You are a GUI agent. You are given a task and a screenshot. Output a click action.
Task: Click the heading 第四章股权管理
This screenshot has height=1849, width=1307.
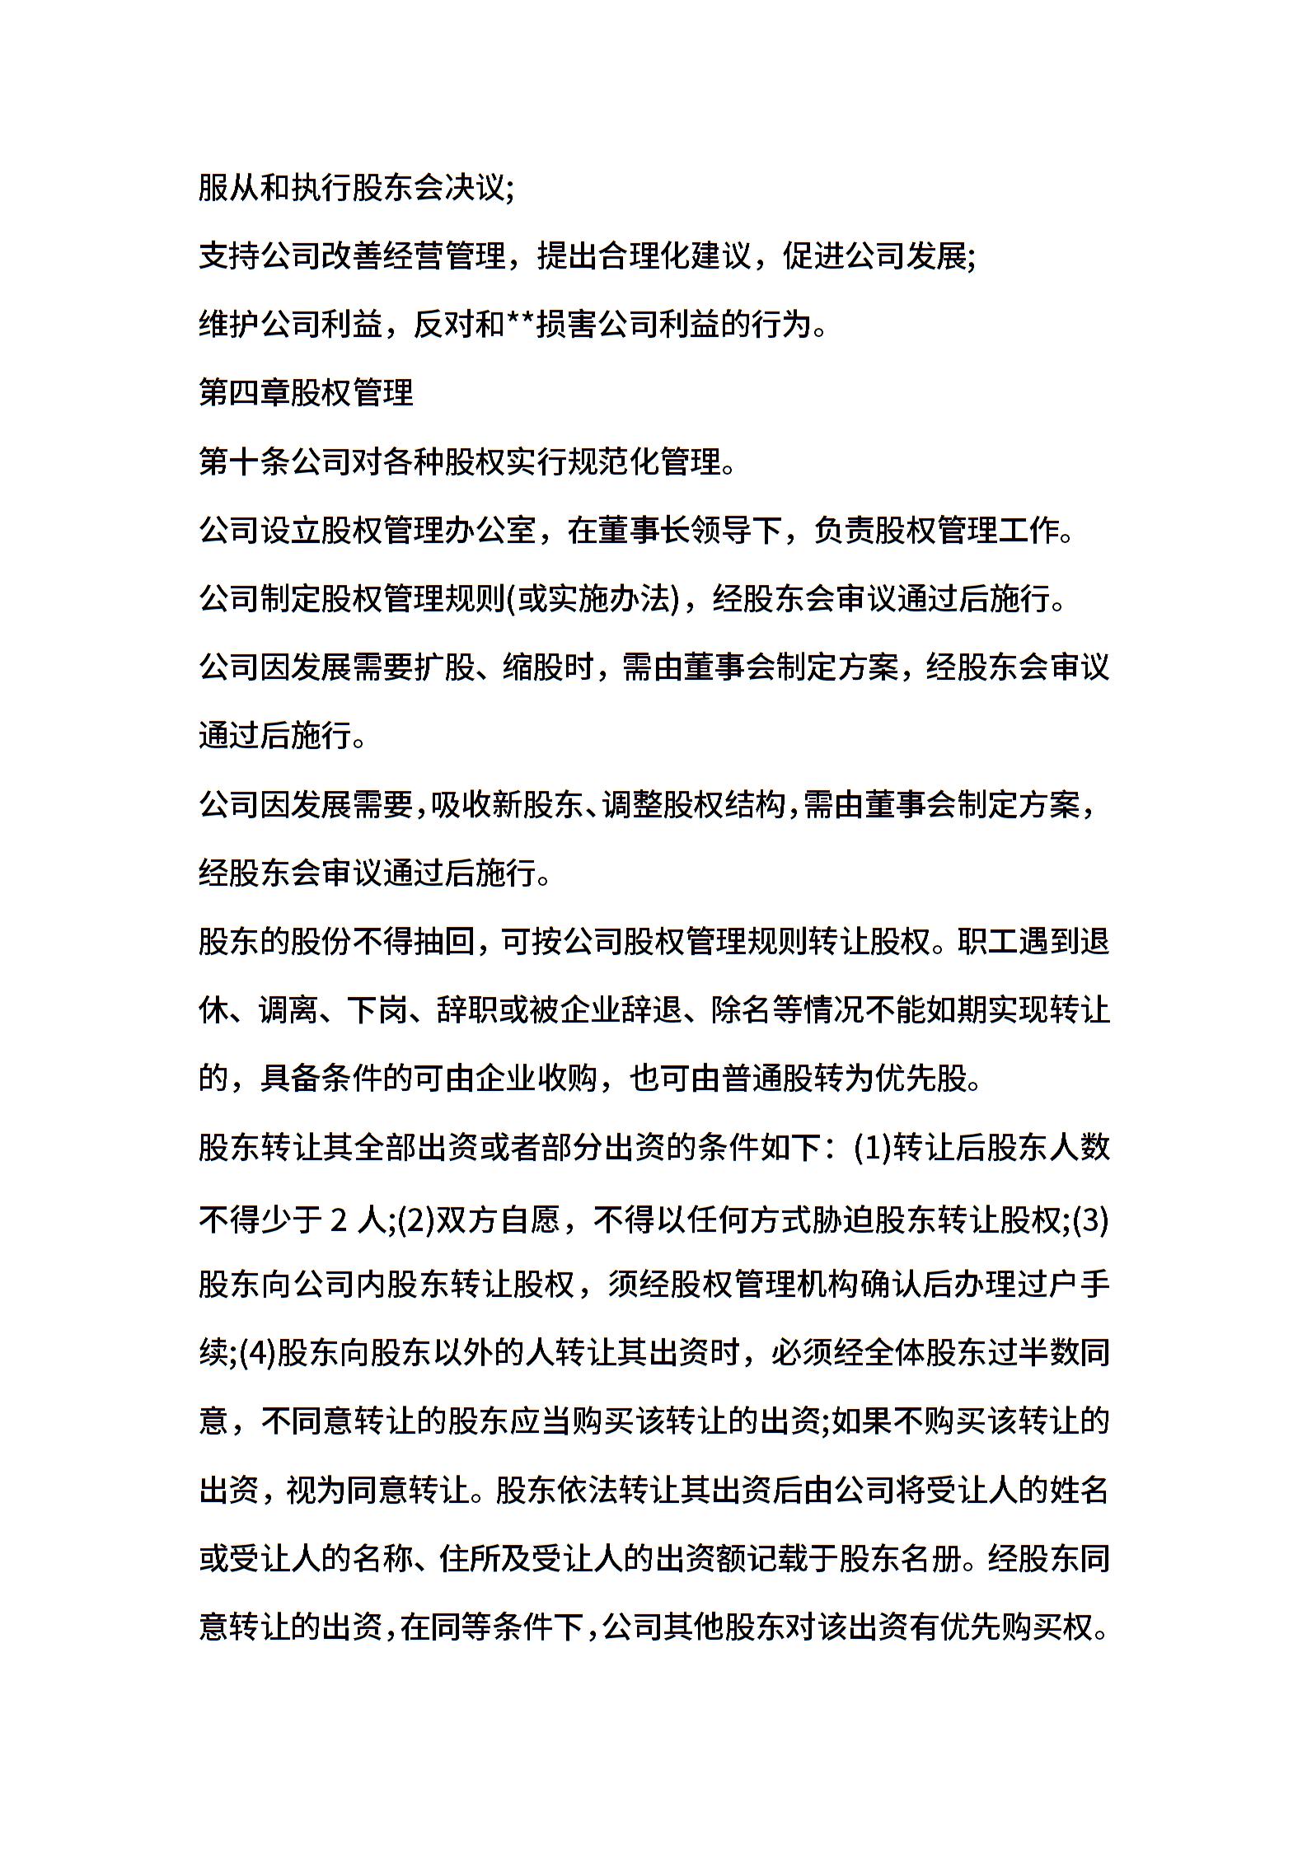coord(306,393)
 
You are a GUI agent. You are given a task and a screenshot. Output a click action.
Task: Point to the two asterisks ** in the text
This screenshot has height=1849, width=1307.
coord(520,323)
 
